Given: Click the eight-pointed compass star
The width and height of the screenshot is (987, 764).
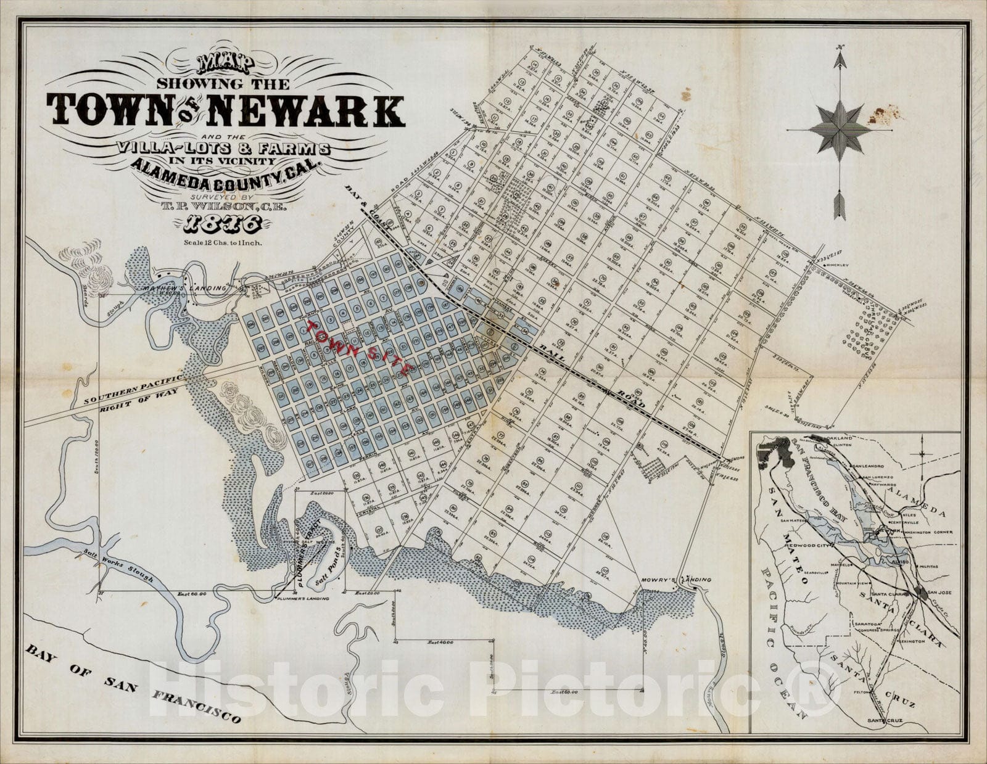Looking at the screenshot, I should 840,130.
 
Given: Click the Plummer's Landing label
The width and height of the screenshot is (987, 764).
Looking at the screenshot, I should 303,599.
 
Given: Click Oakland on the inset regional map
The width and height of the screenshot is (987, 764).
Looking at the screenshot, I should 838,438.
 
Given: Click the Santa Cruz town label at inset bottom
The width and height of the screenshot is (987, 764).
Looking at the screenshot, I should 883,721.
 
